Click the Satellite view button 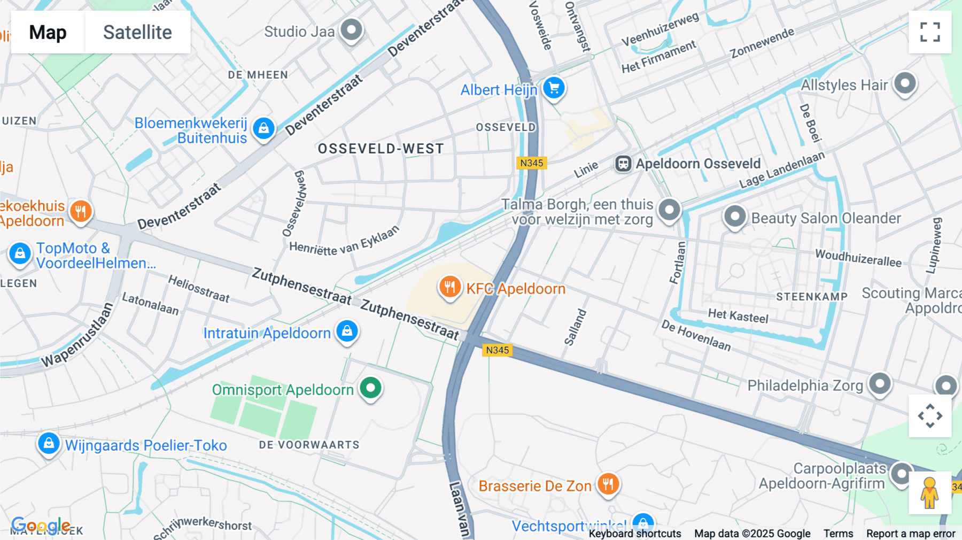point(137,32)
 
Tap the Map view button point(48,32)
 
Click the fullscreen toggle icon point(930,32)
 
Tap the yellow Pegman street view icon point(929,492)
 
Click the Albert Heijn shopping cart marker point(554,88)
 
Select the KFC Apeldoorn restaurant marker point(450,287)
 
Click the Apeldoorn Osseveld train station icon point(623,164)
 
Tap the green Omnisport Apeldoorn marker point(370,388)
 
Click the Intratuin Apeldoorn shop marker point(347,331)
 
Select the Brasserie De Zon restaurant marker point(608,484)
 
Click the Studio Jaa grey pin point(352,30)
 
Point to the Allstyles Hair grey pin point(905,83)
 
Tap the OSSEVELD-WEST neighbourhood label point(381,149)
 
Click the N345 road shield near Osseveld point(531,163)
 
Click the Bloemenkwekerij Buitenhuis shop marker point(263,129)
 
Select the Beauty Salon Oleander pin point(735,217)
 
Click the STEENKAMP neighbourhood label point(811,297)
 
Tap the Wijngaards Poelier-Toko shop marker point(49,444)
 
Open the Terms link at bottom point(838,534)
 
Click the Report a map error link point(911,534)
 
